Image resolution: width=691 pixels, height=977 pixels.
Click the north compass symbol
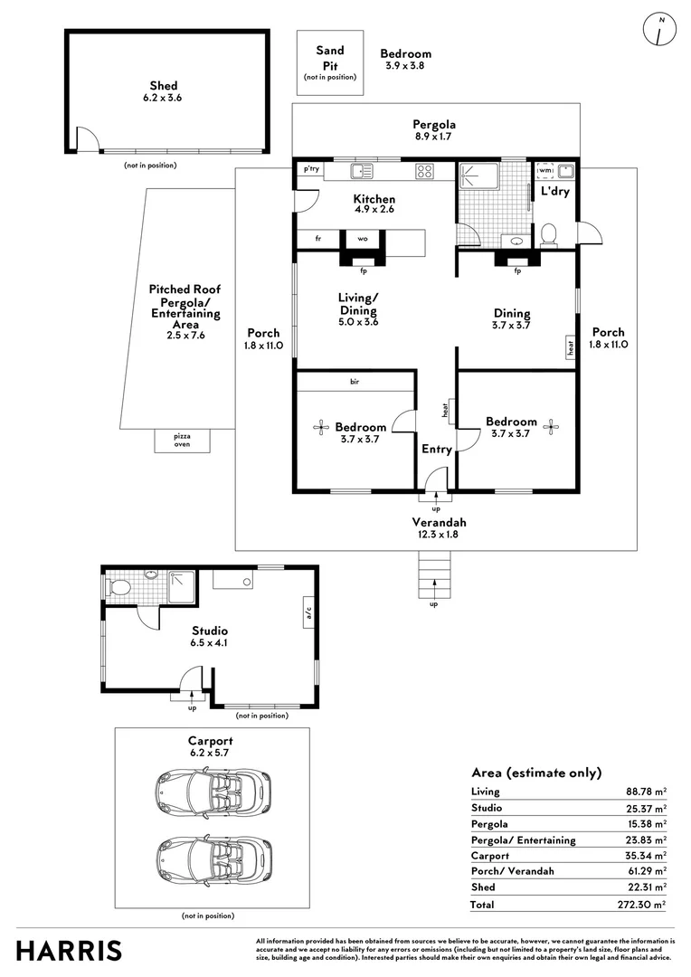coord(659,29)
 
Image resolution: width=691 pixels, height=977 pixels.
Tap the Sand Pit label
coord(329,58)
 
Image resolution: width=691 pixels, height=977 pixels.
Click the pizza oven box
coord(182,441)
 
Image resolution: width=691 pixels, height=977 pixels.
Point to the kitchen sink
coord(362,171)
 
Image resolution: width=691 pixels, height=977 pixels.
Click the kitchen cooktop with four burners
coord(424,171)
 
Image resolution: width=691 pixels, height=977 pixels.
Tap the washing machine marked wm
coord(545,171)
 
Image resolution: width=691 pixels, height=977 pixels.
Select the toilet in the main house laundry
coord(548,235)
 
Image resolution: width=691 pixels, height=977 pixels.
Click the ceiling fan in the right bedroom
coord(551,427)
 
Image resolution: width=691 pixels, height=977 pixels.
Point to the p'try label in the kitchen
coord(311,169)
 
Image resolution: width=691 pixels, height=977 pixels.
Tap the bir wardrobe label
coord(355,382)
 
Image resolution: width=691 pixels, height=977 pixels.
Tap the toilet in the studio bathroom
coord(118,588)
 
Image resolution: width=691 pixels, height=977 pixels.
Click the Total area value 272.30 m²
coord(642,905)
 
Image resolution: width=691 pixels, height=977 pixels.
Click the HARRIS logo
coord(69,951)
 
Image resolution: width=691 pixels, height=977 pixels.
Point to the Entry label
coord(437,450)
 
